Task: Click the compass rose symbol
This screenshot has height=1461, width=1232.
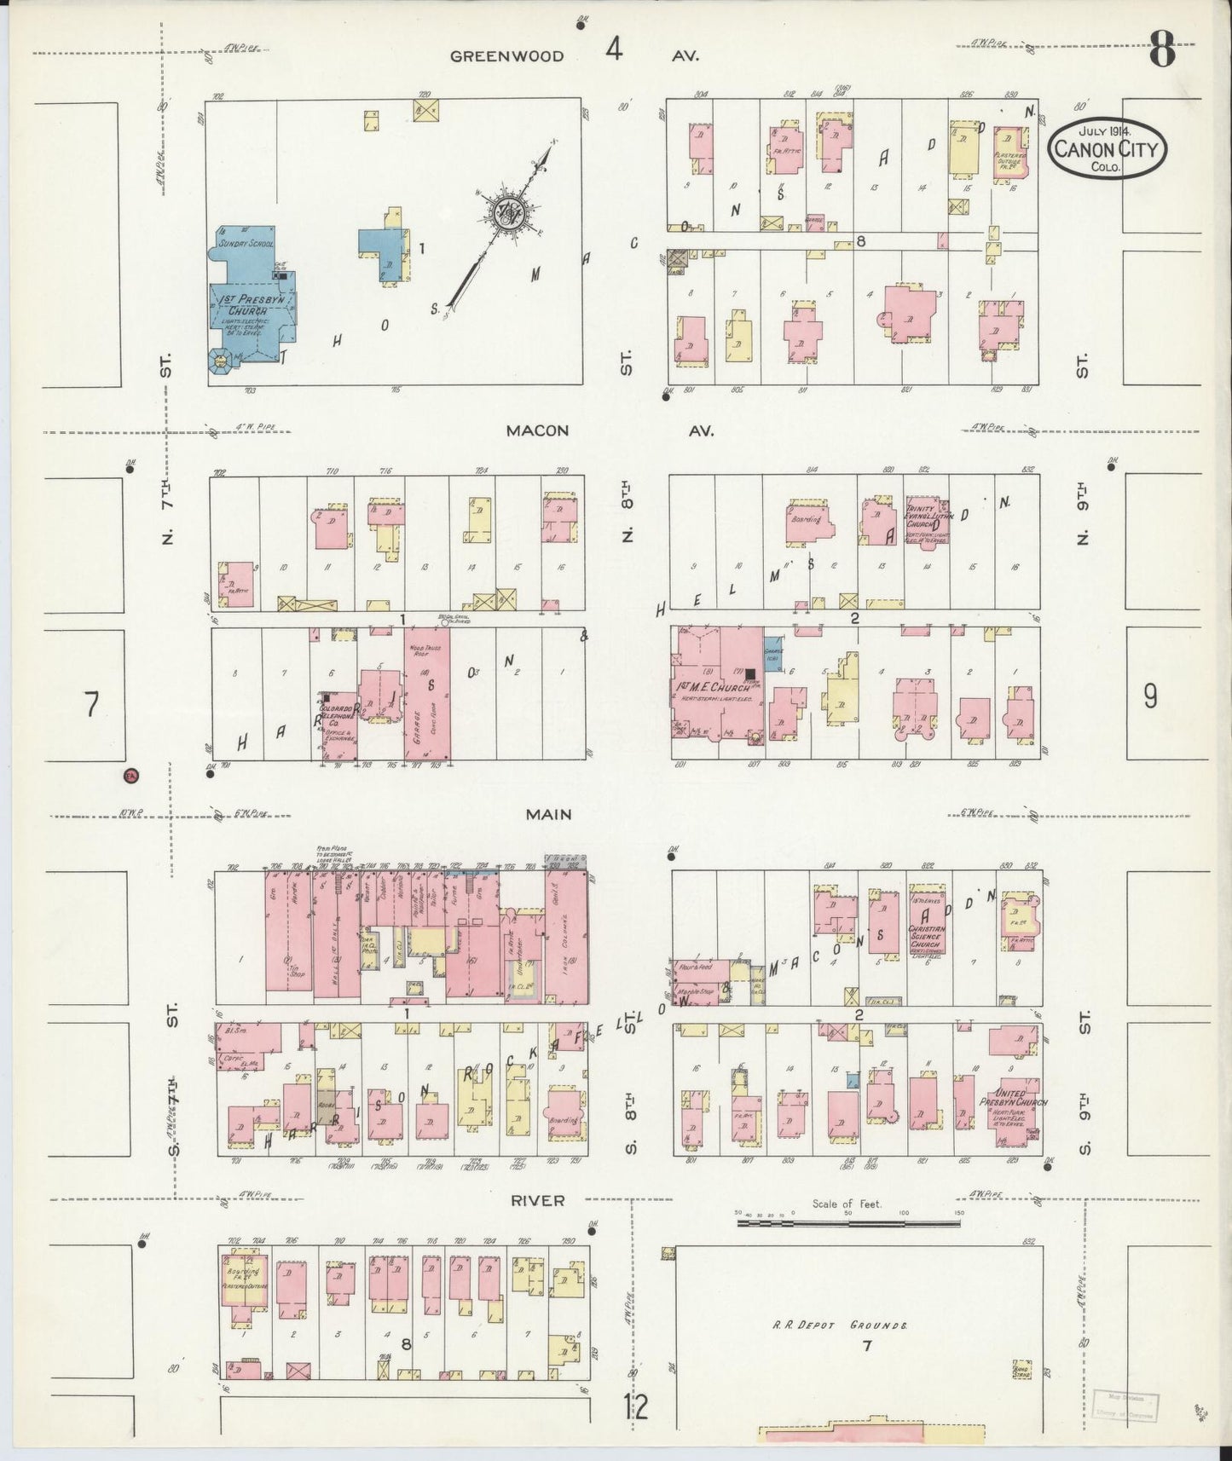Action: [x=506, y=212]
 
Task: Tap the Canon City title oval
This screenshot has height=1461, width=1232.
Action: [x=1107, y=148]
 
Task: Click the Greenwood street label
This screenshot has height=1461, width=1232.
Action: [x=506, y=56]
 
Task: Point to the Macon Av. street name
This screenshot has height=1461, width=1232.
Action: [x=537, y=430]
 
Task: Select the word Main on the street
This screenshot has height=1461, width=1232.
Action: [x=548, y=815]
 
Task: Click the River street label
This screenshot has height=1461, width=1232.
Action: [x=537, y=1200]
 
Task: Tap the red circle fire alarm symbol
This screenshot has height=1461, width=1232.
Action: [x=131, y=776]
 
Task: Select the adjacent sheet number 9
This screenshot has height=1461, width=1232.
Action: [x=1150, y=696]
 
